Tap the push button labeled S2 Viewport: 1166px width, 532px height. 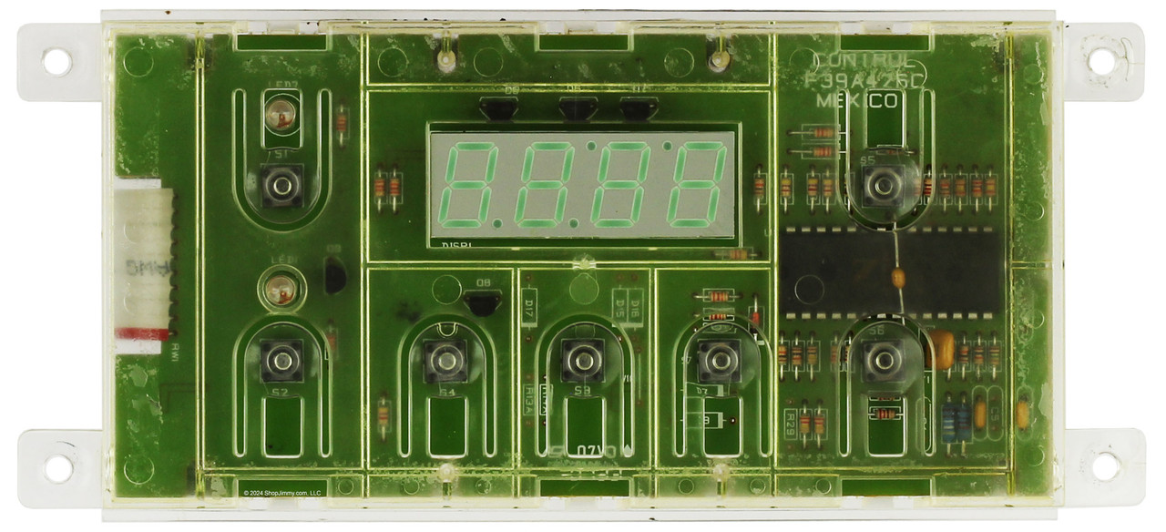tap(281, 360)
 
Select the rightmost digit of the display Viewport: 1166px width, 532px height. tap(697, 185)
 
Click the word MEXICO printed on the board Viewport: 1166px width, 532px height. tap(855, 101)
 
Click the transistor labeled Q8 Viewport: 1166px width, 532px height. tap(482, 302)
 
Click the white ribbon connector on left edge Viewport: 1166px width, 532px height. tap(143, 264)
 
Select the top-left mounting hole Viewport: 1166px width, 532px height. tap(56, 62)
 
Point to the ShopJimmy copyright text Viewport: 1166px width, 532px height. tap(282, 493)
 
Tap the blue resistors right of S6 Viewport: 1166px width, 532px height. tap(956, 417)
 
